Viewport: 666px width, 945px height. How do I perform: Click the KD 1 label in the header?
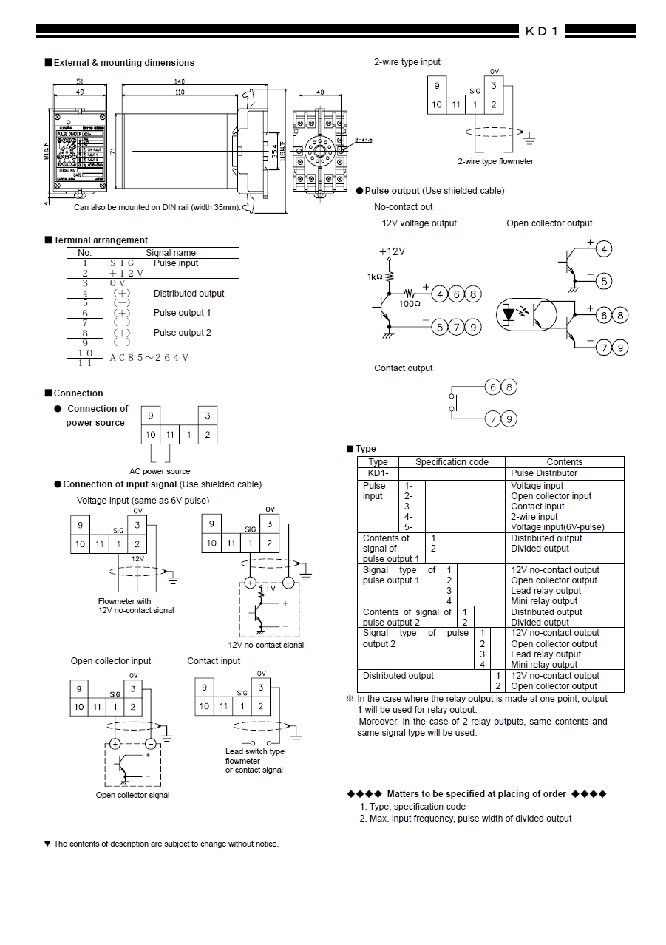click(578, 31)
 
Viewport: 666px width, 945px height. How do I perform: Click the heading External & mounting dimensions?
click(123, 63)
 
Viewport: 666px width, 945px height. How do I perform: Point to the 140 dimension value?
click(180, 81)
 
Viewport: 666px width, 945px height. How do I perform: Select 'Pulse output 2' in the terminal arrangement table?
click(182, 333)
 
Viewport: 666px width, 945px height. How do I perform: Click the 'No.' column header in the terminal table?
click(85, 253)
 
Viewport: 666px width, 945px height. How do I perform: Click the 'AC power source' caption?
click(160, 471)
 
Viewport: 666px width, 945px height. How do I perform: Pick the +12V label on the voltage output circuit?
click(392, 251)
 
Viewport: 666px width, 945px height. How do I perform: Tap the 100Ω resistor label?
click(409, 304)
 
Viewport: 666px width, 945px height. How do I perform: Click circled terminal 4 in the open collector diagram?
click(604, 249)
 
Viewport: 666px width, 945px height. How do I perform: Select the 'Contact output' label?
click(404, 368)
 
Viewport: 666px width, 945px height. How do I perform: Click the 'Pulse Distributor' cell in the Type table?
click(544, 473)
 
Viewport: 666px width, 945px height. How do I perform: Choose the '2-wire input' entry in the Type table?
click(534, 517)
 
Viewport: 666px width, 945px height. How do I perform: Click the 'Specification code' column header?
click(452, 462)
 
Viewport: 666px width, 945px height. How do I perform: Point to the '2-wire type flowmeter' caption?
click(495, 161)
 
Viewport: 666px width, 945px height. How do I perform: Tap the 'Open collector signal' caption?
click(133, 795)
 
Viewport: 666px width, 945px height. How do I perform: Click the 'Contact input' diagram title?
click(214, 661)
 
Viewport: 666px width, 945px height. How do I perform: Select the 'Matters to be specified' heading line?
click(476, 794)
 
